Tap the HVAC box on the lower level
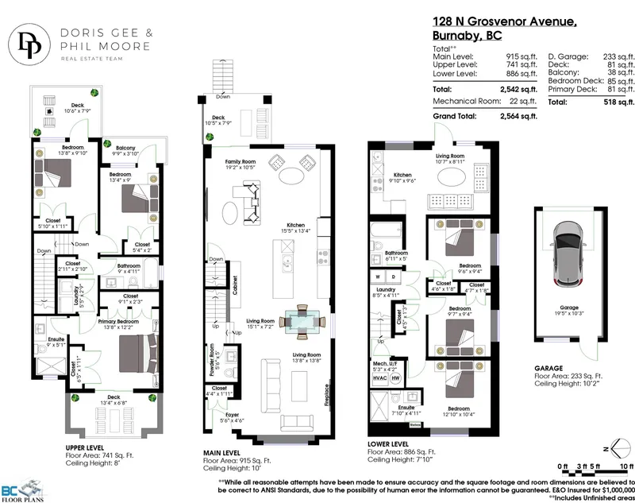(379, 378)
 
